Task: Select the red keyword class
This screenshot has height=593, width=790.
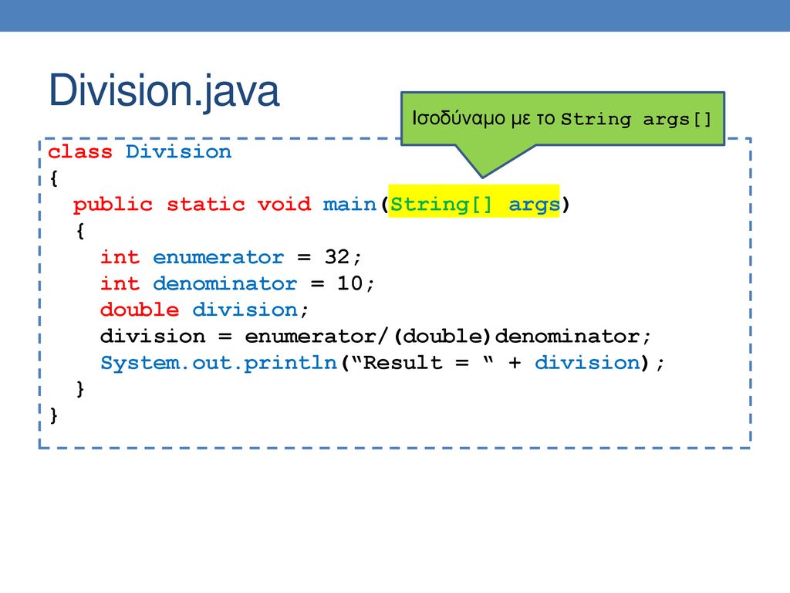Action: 80,151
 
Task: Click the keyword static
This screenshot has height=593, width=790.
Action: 205,204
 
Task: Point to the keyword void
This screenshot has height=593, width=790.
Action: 284,204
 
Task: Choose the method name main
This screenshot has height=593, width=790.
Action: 349,204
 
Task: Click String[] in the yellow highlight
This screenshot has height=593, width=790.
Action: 441,205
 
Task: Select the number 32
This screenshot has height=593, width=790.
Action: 337,257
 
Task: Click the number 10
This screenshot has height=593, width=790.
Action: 350,283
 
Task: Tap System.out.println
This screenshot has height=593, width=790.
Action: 218,363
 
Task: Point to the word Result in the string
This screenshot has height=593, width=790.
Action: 403,363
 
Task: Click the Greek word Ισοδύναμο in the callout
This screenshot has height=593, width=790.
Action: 458,118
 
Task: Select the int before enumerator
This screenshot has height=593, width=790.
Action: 120,257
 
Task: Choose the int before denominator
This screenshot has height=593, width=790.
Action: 120,283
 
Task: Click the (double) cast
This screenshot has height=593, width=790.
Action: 442,337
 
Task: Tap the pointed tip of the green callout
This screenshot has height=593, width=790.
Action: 482,178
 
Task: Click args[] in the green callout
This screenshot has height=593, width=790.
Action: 677,120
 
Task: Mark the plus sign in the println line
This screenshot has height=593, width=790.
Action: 515,363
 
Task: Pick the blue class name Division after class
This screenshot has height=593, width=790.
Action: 179,151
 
